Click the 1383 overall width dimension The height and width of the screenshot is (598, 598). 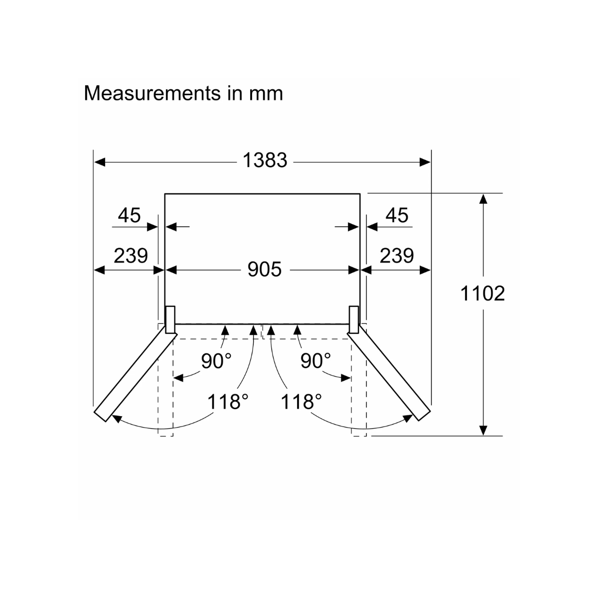265,160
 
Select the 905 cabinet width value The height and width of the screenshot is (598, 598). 265,269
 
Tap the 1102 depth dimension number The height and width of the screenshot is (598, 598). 482,293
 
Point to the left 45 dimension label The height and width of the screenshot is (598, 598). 129,215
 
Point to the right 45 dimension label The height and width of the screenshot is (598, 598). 397,215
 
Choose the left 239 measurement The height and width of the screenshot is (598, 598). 131,256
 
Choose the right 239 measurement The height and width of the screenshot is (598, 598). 397,256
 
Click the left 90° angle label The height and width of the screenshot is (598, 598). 216,361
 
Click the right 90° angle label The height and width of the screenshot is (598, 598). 315,361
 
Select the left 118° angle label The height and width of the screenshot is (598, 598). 228,402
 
